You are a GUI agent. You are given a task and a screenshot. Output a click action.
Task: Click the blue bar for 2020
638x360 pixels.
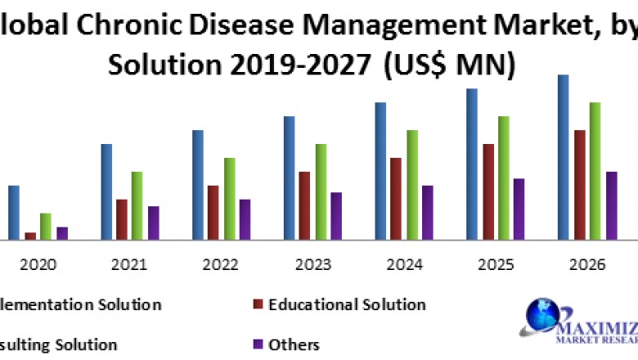point(14,213)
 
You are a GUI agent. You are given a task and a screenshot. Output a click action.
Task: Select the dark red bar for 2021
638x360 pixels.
point(122,219)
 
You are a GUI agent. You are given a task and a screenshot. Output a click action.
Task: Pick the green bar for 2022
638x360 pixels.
point(230,199)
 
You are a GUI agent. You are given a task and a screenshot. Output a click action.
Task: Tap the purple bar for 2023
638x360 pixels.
point(336,216)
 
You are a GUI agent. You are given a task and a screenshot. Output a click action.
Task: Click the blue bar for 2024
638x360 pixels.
point(380,171)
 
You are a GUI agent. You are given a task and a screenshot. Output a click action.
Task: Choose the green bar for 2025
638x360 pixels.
point(504,178)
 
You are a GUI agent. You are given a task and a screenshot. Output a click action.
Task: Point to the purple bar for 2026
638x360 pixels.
point(611,205)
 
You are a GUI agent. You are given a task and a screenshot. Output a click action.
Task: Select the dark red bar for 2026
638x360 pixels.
point(580,185)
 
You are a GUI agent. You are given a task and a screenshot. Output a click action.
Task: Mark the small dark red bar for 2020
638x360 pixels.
point(30,236)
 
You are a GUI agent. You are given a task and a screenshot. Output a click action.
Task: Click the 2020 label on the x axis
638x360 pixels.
point(38,265)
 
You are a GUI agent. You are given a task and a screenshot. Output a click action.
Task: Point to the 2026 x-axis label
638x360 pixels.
point(587,265)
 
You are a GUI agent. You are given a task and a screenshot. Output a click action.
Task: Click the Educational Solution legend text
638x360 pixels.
point(347,304)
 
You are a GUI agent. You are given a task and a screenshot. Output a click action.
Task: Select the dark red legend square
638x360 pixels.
point(258,304)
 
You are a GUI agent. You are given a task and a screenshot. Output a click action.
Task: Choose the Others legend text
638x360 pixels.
point(294,344)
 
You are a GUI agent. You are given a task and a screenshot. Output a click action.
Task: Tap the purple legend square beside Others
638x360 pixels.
point(258,344)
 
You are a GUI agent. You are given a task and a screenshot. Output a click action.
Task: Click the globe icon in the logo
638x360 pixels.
point(541,315)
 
